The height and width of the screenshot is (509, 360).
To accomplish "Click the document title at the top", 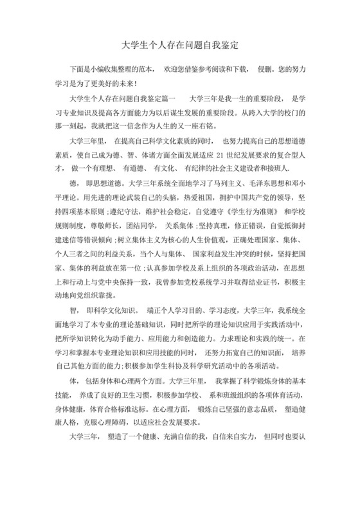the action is (180, 47).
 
